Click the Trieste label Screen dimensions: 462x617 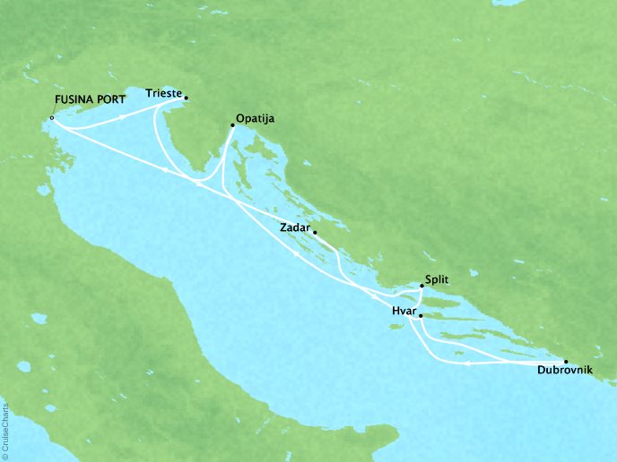(163, 92)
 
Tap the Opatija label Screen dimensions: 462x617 (256, 117)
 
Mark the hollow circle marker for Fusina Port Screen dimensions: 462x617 (52, 117)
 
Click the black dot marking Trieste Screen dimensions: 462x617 (186, 98)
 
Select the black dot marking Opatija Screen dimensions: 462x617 (233, 124)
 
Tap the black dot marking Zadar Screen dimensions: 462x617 (313, 231)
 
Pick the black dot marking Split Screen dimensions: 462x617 (422, 287)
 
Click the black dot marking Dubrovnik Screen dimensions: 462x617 (565, 361)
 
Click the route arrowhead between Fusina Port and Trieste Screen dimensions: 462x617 (123, 115)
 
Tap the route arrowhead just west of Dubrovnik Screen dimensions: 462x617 (467, 364)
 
